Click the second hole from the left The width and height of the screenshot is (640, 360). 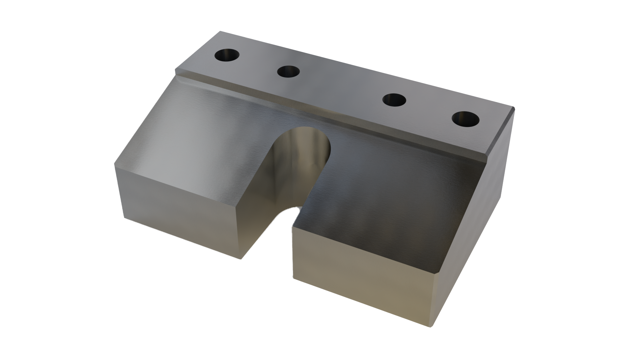coord(288,72)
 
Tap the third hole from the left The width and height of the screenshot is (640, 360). coord(394,100)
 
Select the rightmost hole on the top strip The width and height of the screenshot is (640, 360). coord(466,119)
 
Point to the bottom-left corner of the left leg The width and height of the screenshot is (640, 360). coord(125,218)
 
